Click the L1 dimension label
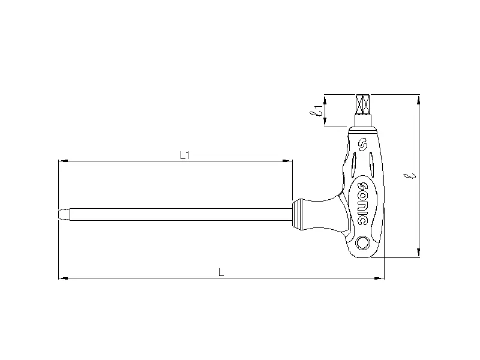click(185, 155)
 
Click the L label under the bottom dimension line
click(221, 272)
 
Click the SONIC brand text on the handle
click(362, 200)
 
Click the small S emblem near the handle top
click(362, 145)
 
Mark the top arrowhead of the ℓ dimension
click(419, 98)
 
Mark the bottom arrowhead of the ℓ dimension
click(419, 254)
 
